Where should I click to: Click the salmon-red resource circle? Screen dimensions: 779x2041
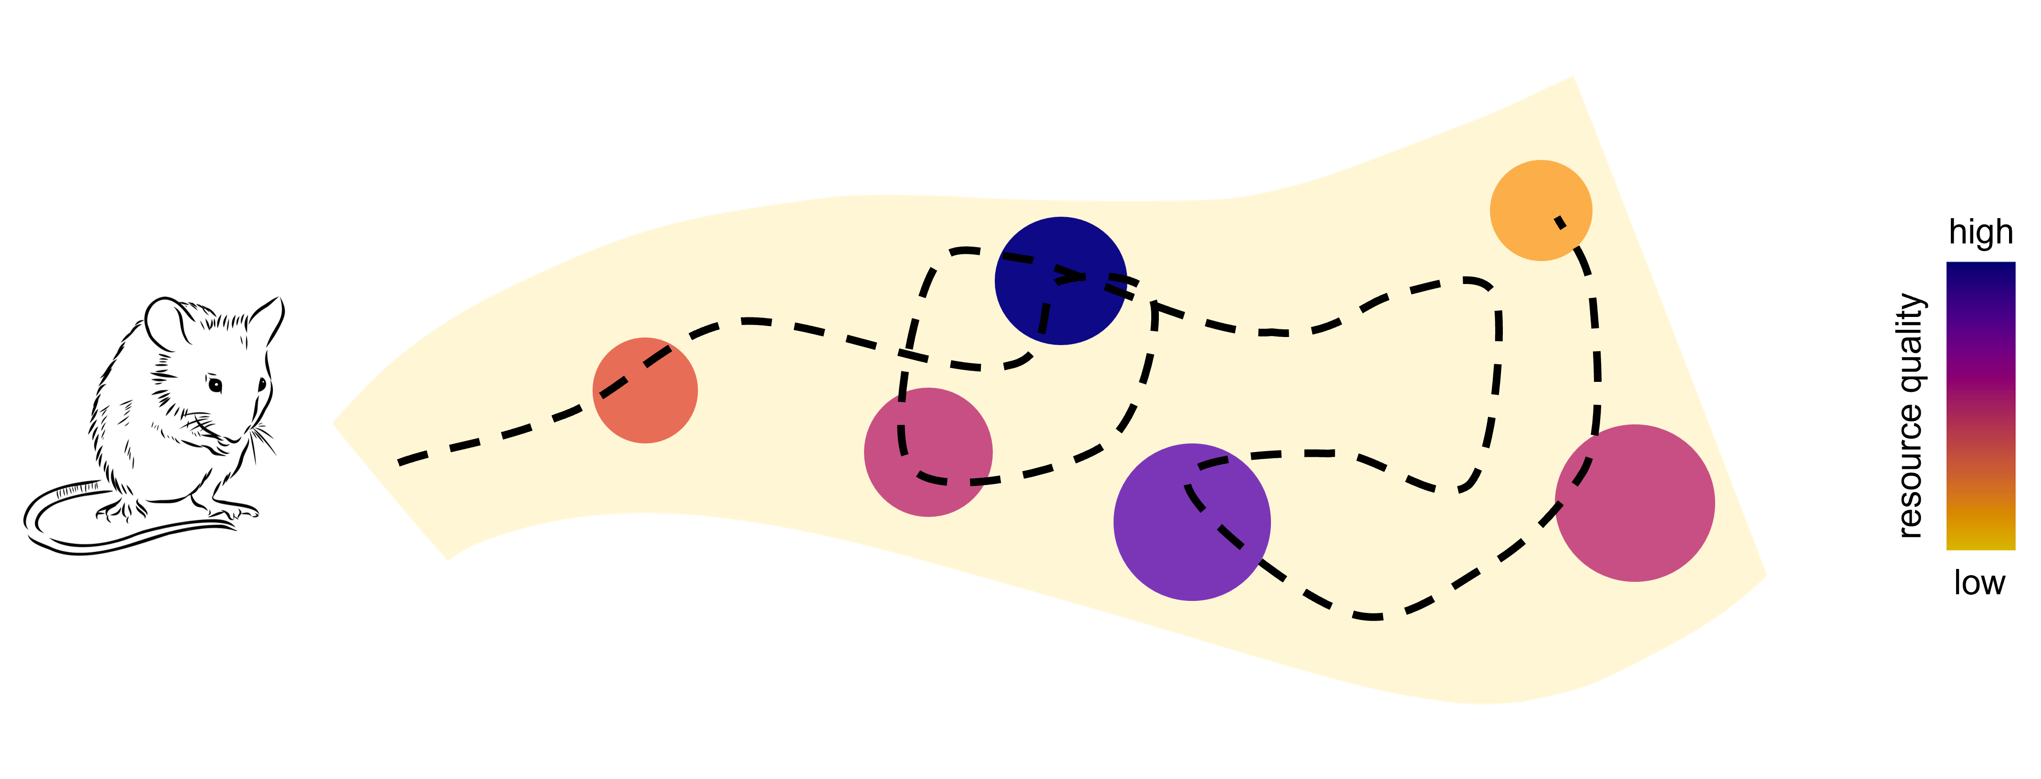click(x=645, y=390)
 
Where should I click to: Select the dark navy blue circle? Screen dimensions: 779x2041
click(x=1060, y=281)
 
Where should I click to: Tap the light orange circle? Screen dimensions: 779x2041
click(x=1540, y=210)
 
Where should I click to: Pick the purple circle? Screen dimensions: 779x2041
click(x=1192, y=521)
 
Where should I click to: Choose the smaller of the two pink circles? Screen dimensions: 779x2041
click(x=928, y=452)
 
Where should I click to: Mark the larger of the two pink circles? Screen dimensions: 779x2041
click(x=1635, y=503)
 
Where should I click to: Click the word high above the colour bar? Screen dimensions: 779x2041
click(x=1980, y=232)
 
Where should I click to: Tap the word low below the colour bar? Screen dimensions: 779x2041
click(x=1979, y=583)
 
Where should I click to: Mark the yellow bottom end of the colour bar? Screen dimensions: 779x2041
click(x=1980, y=542)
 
